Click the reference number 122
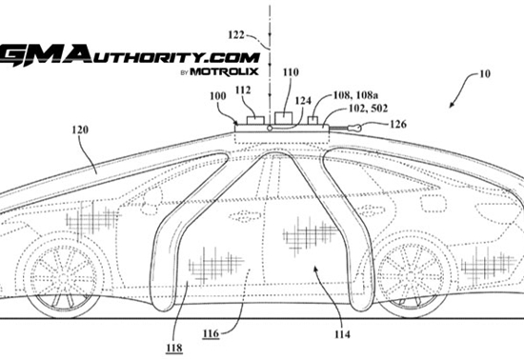[x=236, y=34]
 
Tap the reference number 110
[x=291, y=72]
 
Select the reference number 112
[x=243, y=90]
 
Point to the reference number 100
[x=218, y=96]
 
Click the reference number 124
[x=303, y=101]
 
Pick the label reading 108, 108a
[x=355, y=95]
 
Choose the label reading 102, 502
[x=369, y=109]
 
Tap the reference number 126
[x=398, y=124]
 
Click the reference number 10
[x=485, y=73]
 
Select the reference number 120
[x=80, y=130]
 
